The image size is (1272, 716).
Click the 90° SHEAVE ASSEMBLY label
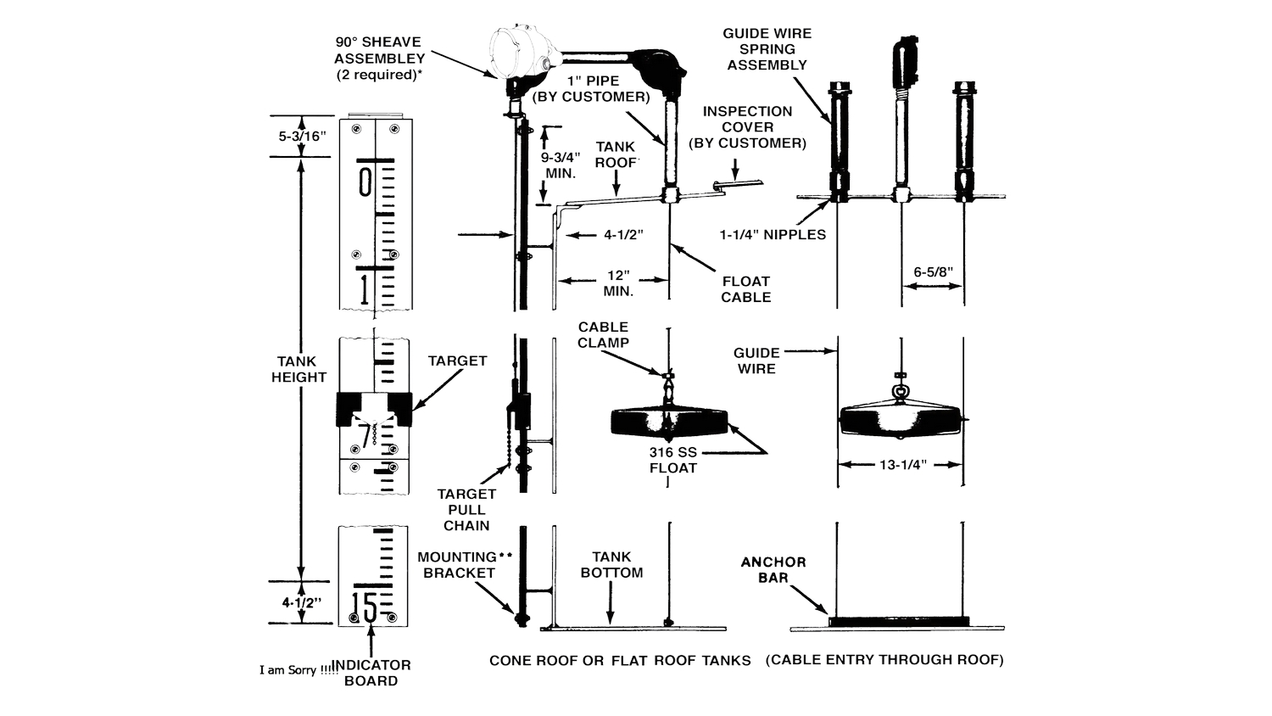(x=379, y=58)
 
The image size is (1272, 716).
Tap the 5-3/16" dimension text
(x=302, y=137)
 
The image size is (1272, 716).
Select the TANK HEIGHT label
(x=298, y=369)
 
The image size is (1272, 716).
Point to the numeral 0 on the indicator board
(x=365, y=182)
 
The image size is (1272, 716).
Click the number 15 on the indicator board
(x=365, y=607)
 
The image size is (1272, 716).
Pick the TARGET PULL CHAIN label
(x=466, y=510)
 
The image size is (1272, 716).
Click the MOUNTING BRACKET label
(x=464, y=565)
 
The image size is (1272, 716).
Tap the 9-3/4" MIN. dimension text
(x=561, y=165)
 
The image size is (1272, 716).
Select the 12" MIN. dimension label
(x=618, y=283)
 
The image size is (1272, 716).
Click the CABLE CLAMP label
(x=603, y=335)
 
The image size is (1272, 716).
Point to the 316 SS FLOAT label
(x=673, y=461)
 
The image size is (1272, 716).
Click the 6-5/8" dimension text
(x=933, y=272)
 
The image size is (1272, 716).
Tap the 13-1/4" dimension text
(x=903, y=465)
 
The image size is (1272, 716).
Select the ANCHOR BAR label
(x=773, y=570)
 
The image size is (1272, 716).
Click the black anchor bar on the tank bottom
(x=899, y=622)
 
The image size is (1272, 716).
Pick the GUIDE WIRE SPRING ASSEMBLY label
(x=767, y=49)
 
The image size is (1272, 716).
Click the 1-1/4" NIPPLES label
(x=773, y=235)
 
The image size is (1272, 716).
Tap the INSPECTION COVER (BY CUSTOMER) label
(x=747, y=127)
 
